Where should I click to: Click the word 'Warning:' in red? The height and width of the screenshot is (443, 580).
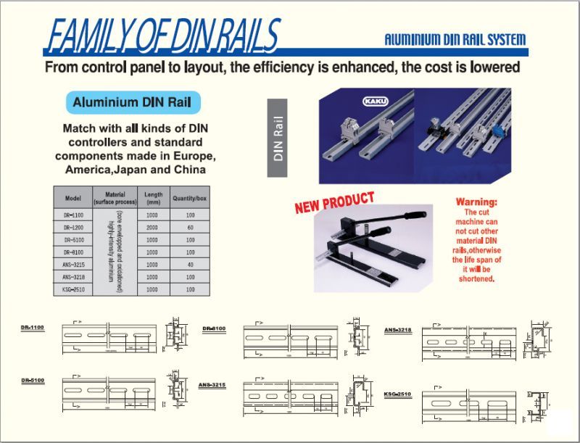476,202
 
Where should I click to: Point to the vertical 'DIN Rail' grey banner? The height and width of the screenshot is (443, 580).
278,138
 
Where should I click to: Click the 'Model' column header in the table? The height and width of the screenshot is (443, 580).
72,197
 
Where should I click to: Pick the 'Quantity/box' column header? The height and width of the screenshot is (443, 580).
190,197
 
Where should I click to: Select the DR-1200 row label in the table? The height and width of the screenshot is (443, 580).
72,227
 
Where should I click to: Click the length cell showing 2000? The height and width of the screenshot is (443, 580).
152,227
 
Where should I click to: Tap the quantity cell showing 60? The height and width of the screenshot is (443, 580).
190,227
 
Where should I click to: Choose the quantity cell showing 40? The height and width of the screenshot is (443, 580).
190,265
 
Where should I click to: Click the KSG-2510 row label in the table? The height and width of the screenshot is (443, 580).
72,289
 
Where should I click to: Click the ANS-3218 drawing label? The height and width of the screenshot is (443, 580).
398,330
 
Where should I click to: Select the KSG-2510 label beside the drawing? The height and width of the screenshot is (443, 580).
398,394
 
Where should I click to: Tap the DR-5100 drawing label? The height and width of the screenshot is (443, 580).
33,381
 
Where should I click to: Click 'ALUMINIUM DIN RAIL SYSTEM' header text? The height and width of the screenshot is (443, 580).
455,40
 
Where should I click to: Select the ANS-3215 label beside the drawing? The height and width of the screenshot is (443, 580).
212,385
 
